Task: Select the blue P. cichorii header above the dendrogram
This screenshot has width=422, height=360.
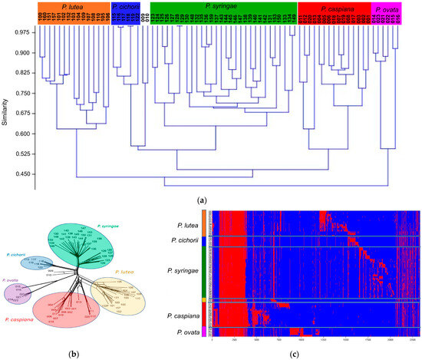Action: [126, 7]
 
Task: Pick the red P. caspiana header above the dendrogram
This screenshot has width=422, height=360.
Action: [331, 7]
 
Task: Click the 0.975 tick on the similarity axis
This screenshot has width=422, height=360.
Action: [21, 33]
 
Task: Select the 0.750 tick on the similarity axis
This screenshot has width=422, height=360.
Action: [21, 93]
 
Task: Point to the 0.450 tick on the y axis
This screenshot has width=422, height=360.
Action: [21, 173]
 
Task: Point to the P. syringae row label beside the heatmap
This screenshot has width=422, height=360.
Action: [186, 270]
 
